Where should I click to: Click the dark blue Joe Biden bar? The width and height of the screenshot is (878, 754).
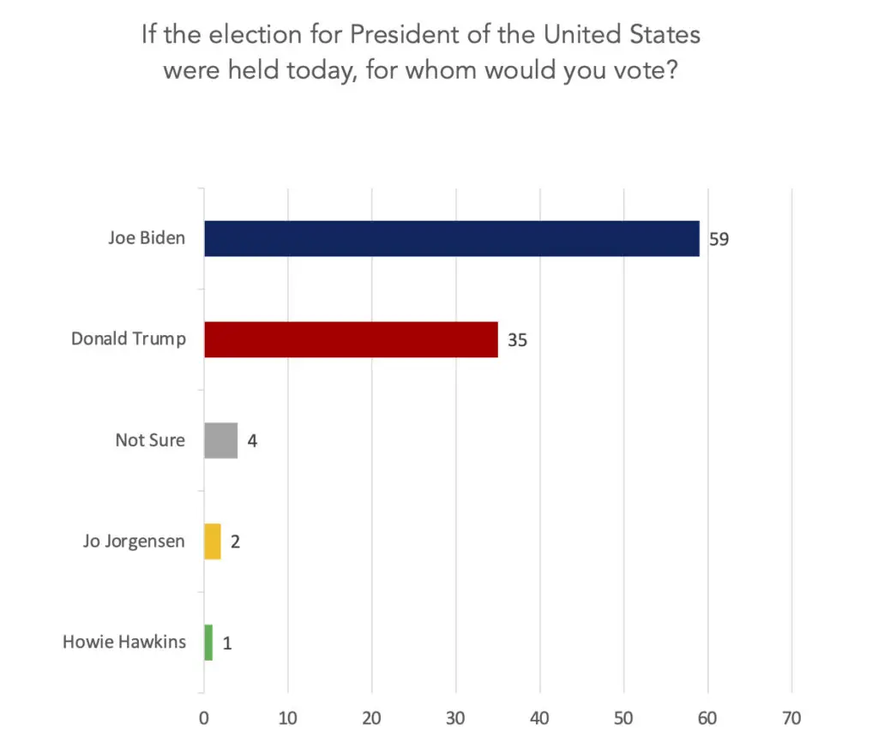[451, 238]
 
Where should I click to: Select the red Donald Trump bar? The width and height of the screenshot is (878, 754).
[351, 339]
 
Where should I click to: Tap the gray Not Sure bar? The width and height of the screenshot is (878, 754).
[220, 440]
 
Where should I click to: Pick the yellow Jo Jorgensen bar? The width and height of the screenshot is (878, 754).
[212, 542]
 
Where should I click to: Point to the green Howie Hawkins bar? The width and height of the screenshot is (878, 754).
[208, 643]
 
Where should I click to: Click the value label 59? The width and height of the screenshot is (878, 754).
[719, 239]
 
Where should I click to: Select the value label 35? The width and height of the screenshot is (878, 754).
[516, 340]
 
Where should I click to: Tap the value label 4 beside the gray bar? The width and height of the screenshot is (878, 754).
[253, 441]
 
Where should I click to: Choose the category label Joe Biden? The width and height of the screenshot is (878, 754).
[146, 238]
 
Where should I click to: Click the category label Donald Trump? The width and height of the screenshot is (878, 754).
[128, 339]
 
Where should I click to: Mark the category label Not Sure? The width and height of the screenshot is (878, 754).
[150, 440]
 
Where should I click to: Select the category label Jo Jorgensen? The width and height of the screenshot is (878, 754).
[134, 542]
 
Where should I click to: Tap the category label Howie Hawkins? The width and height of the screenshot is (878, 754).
[124, 642]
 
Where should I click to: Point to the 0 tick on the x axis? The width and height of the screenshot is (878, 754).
[204, 719]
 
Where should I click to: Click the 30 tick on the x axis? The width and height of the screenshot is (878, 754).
[456, 719]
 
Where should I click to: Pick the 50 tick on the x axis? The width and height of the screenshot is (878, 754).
[623, 719]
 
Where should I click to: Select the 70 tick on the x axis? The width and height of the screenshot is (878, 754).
[791, 719]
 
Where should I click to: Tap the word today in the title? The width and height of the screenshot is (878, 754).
[309, 69]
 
